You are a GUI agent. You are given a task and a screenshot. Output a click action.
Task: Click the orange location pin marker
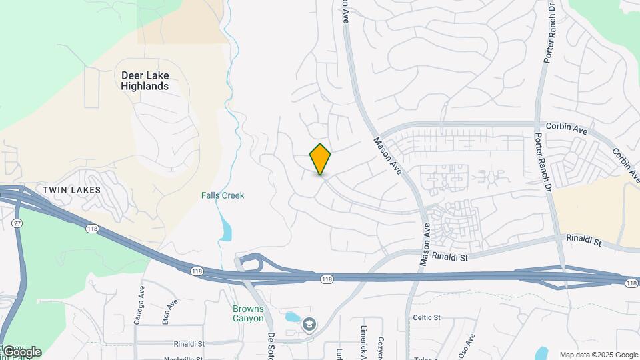(320, 159)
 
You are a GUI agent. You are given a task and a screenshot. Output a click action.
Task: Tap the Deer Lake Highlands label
(145, 81)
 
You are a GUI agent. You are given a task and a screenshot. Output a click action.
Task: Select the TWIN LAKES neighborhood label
(71, 190)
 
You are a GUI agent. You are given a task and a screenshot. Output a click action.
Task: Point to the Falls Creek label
(223, 195)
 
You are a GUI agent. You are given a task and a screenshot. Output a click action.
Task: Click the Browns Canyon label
(248, 313)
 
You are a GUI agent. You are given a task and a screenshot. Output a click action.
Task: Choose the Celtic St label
(427, 318)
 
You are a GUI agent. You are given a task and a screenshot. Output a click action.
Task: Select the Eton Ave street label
(171, 311)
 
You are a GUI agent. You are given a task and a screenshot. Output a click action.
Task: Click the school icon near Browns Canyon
(309, 325)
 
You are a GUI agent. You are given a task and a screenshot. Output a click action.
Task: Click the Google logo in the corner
(21, 352)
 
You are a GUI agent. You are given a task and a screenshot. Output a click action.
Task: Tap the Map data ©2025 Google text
(599, 355)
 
